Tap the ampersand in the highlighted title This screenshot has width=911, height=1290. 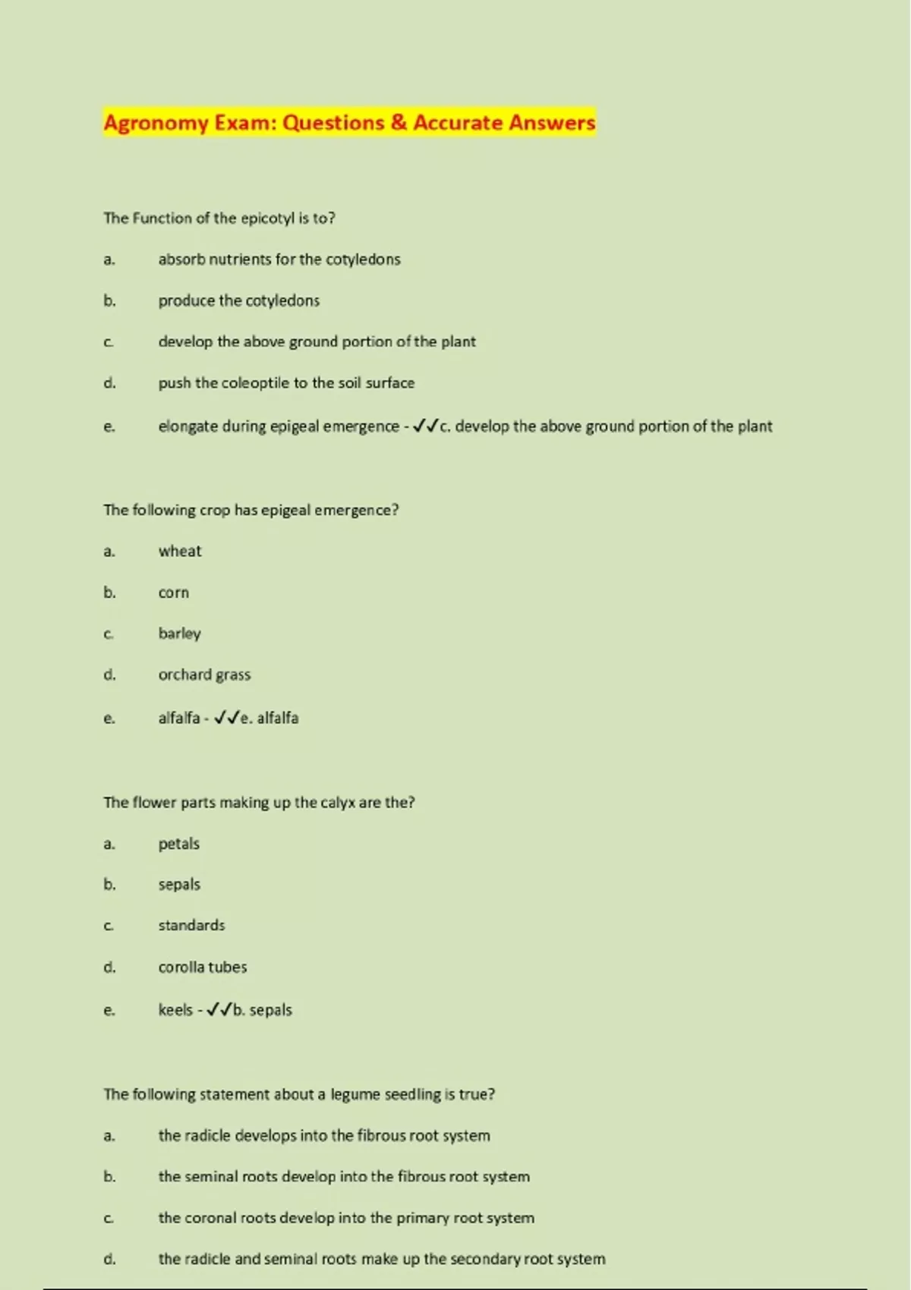click(399, 123)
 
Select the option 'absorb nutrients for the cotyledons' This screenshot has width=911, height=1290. click(279, 260)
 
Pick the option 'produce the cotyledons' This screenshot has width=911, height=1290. click(238, 300)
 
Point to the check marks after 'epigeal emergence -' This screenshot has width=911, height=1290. click(425, 426)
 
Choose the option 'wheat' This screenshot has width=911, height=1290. click(180, 552)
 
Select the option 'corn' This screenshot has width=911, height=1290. click(173, 593)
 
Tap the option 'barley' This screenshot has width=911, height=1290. click(179, 634)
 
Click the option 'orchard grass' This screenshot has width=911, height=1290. click(204, 675)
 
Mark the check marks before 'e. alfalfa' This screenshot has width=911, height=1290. click(226, 718)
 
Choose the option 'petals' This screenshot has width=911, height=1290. click(178, 844)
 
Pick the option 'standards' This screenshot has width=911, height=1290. click(191, 926)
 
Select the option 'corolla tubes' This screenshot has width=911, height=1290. click(202, 967)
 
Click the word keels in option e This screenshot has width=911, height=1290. click(175, 1010)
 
